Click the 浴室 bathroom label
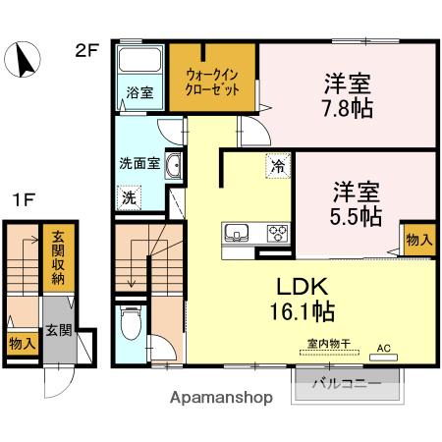138,94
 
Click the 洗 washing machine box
130,196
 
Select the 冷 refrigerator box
279,168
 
